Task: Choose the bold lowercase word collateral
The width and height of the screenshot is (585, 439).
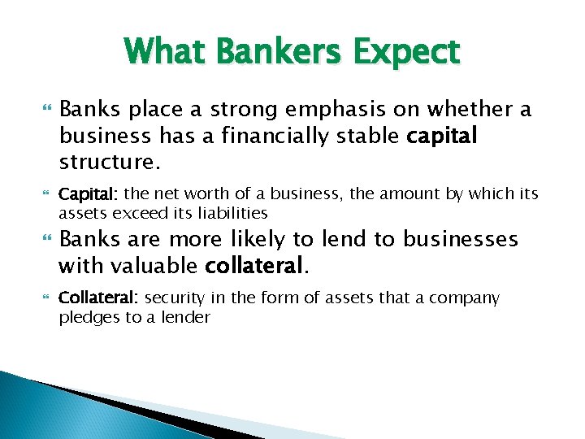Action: pyautogui.click(x=258, y=265)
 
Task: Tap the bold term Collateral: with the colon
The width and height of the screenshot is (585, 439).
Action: pyautogui.click(x=99, y=298)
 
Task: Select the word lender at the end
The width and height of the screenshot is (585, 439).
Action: pyautogui.click(x=186, y=317)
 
